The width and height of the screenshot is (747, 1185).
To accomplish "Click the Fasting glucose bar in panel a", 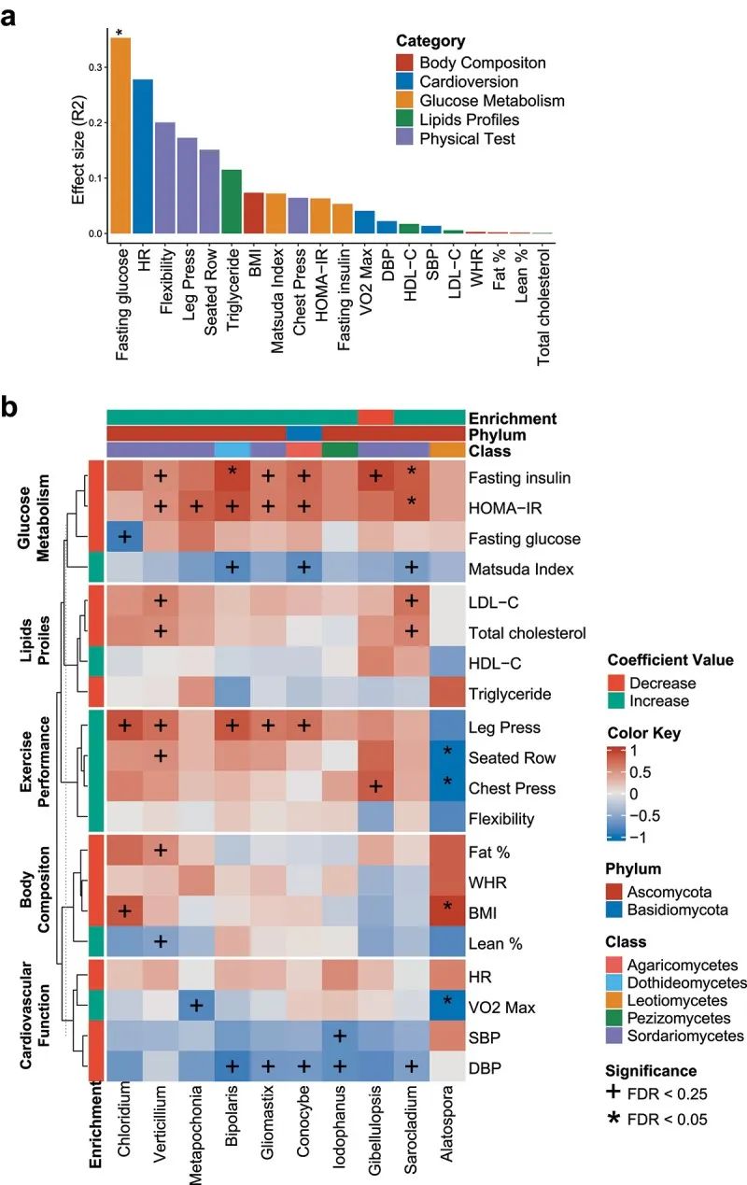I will tap(120, 135).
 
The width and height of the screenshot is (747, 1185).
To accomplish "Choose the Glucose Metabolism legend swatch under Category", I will tap(404, 101).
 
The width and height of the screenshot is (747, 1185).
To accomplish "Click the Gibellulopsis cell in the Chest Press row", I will tap(375, 787).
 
